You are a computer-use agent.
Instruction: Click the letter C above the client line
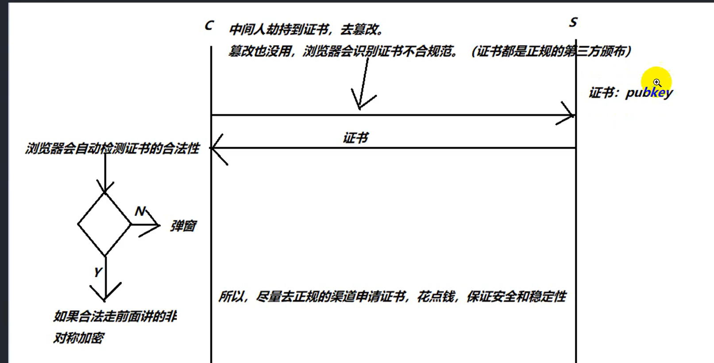point(209,26)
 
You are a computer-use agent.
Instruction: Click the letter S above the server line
point(573,22)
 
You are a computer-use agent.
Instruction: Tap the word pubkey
point(649,93)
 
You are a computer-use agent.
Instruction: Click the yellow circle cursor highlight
point(656,82)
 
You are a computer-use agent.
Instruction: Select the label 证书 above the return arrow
point(355,138)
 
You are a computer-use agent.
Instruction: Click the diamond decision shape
point(104,224)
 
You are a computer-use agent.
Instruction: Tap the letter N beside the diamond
point(140,211)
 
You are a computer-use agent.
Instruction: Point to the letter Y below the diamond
point(98,272)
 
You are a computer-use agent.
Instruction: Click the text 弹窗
point(183,226)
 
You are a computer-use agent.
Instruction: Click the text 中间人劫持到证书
point(279,30)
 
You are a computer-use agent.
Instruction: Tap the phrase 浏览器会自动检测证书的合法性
point(112,148)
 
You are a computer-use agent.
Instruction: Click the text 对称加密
point(78,338)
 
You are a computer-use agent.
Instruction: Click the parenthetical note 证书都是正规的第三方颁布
point(551,51)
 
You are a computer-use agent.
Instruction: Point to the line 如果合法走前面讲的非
point(115,317)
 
